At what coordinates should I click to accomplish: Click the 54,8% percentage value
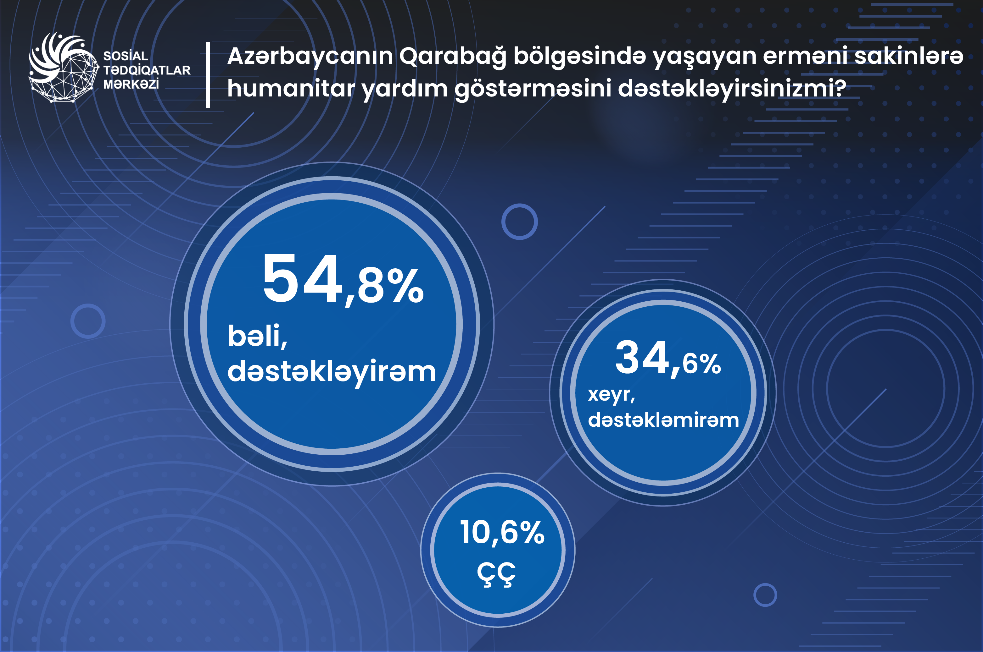pos(343,279)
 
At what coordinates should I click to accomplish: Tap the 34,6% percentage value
pos(668,358)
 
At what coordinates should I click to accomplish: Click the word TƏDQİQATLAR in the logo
pos(147,70)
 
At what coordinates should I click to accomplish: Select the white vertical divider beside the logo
pos(208,75)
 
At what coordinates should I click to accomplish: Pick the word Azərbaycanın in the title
pos(310,56)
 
